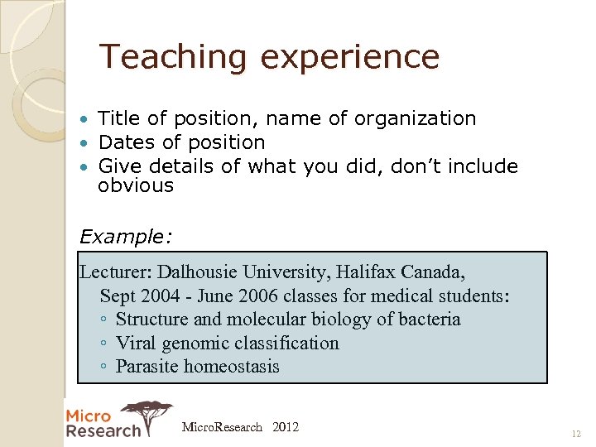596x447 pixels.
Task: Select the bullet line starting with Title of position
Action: tap(286, 119)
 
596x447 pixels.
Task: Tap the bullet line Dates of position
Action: tap(181, 143)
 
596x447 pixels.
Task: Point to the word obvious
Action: tap(136, 185)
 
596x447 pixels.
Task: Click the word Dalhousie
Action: tap(197, 272)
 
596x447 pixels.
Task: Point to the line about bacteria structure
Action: tap(287, 320)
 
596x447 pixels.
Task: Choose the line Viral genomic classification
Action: tap(227, 343)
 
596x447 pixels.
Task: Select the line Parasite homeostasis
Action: tap(197, 367)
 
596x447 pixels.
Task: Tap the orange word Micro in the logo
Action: tap(88, 416)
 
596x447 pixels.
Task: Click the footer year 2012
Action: tap(285, 427)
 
